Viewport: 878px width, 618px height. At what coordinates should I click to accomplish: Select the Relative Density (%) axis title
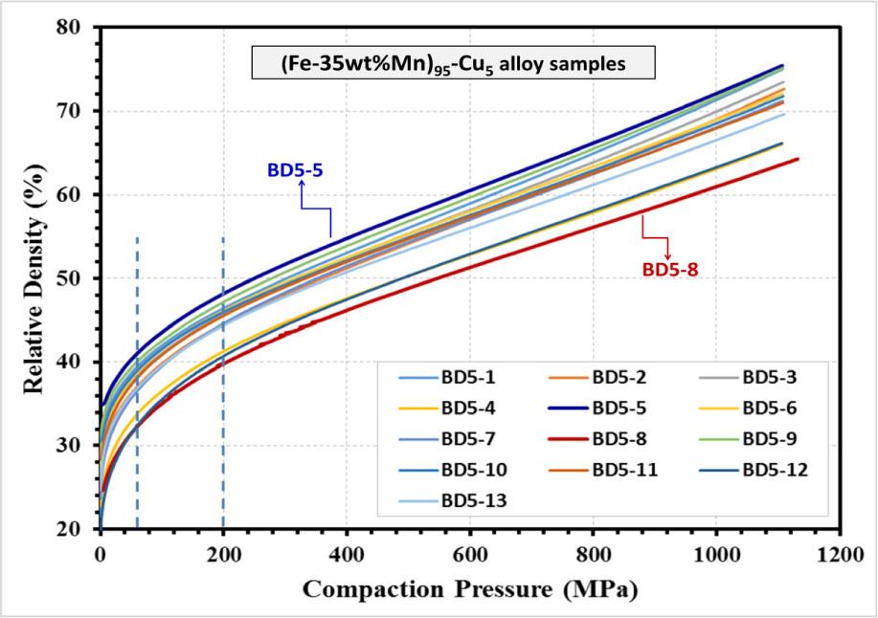click(x=34, y=277)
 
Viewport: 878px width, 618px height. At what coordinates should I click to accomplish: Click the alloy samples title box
click(x=452, y=63)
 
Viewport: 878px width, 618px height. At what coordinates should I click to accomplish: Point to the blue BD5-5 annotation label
click(x=294, y=171)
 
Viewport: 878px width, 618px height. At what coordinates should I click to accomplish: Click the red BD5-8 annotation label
click(x=670, y=270)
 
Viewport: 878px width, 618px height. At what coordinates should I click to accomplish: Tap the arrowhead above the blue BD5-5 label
click(x=302, y=188)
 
